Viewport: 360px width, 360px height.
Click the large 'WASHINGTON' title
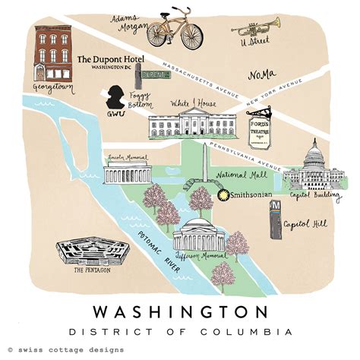179,312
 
